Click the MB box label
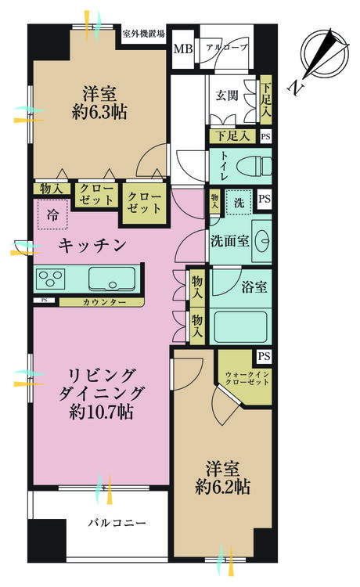pos(182,48)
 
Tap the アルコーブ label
pos(226,48)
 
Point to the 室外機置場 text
pos(143,34)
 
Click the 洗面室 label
pos(229,241)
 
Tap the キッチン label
pos(92,246)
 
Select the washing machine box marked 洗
pos(241,203)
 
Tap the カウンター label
pos(100,301)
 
